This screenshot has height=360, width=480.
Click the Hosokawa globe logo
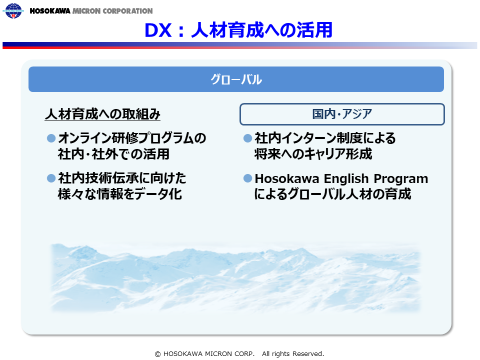(x=13, y=10)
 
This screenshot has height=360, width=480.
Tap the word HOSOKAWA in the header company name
(x=50, y=11)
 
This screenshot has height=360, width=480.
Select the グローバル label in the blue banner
(x=236, y=79)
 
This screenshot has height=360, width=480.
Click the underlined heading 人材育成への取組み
(x=102, y=114)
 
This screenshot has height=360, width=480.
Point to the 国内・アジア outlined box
(x=342, y=114)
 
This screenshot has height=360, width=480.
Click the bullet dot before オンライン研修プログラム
(x=51, y=138)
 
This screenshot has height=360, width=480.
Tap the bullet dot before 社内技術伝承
(x=51, y=178)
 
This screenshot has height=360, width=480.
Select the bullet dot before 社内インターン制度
(x=247, y=138)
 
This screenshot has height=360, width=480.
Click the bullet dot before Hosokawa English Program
(x=247, y=178)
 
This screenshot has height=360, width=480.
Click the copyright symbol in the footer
(x=157, y=354)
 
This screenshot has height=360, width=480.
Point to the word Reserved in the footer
(x=308, y=354)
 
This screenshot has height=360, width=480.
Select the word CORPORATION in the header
(x=127, y=11)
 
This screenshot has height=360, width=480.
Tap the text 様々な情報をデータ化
(x=119, y=194)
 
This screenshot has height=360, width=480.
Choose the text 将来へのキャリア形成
(x=313, y=154)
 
